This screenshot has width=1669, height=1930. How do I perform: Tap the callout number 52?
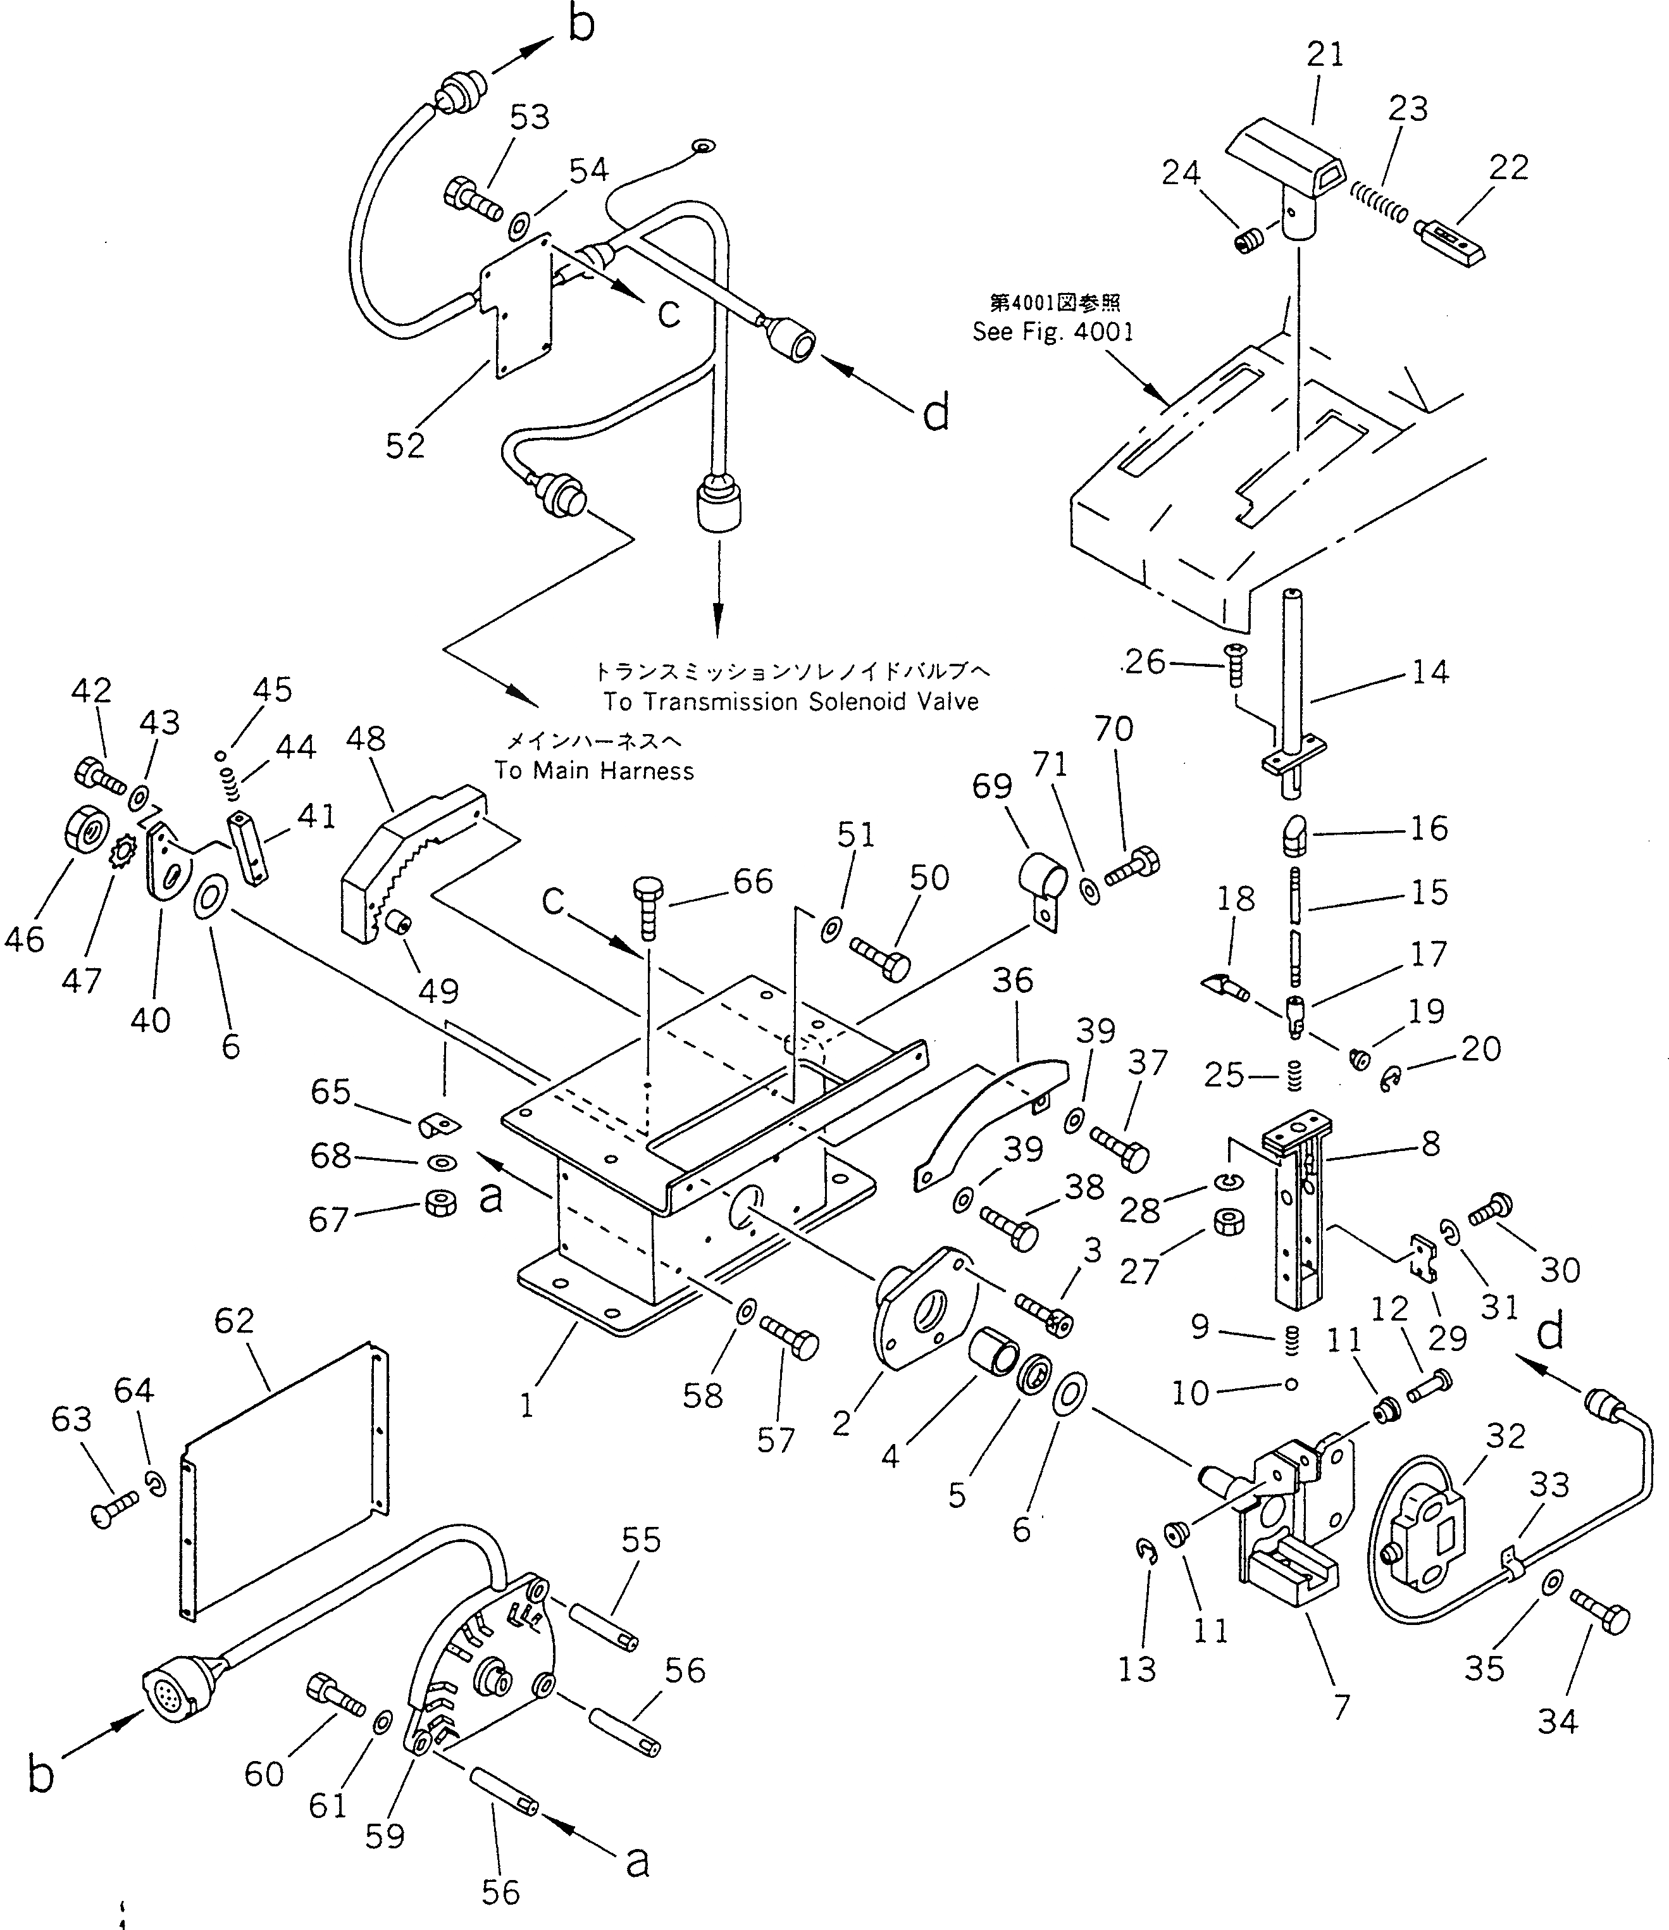405,446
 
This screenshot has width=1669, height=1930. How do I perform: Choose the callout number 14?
1430,671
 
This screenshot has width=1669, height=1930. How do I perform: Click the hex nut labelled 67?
438,1204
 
